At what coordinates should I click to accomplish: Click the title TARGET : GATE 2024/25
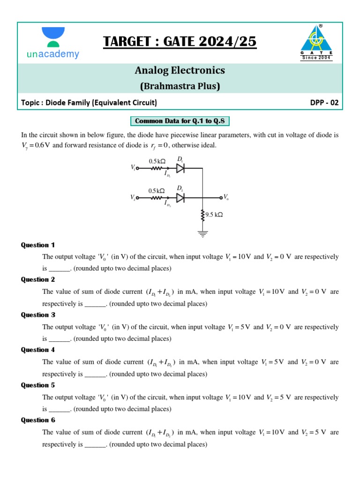tap(180, 42)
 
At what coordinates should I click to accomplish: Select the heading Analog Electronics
tap(180, 70)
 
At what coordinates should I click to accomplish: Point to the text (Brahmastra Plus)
tap(180, 86)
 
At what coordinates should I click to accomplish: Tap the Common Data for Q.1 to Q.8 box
tap(180, 121)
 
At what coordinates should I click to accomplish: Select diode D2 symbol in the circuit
tap(180, 197)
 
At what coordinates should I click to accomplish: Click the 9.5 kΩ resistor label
tap(214, 215)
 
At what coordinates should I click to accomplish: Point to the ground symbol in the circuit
tap(202, 234)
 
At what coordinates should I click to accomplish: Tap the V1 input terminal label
tap(134, 167)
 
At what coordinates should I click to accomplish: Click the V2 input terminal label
tap(134, 198)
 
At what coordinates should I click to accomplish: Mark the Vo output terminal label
tap(226, 197)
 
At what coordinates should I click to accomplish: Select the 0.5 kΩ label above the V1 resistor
tap(157, 161)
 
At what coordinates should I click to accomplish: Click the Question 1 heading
tap(38, 245)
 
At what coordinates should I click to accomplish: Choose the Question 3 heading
tap(38, 315)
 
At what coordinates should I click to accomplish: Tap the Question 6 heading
tap(38, 420)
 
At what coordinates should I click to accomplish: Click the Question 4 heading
tap(38, 350)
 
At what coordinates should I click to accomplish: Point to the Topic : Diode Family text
tap(89, 102)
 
